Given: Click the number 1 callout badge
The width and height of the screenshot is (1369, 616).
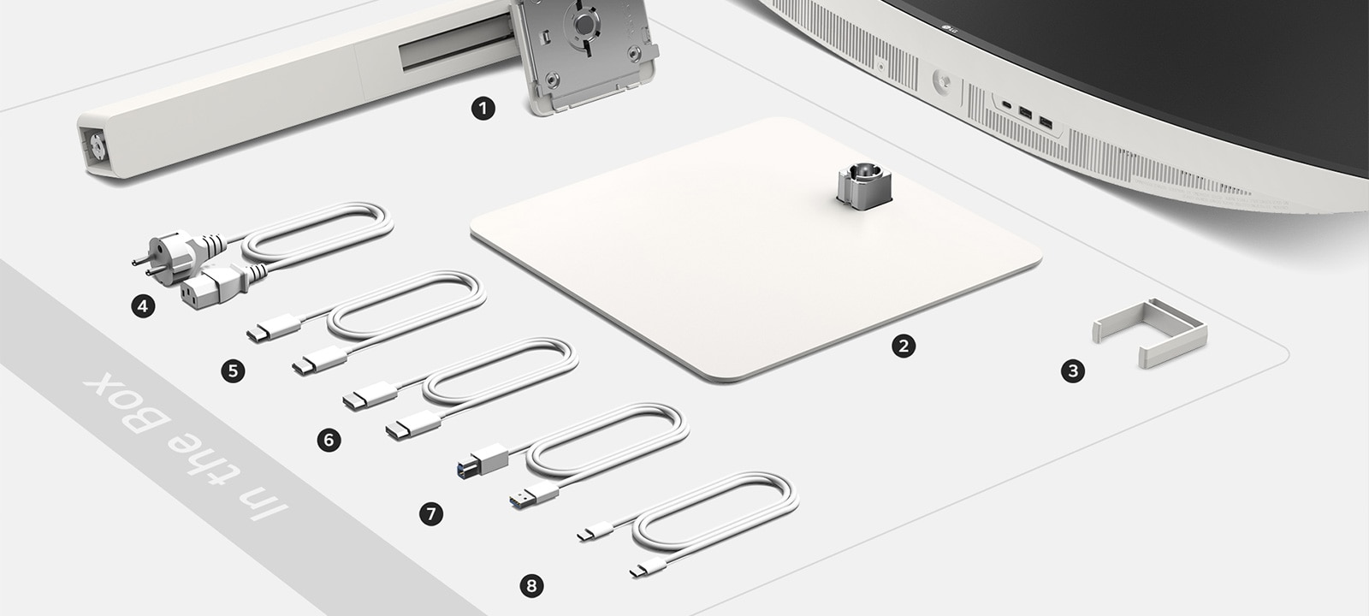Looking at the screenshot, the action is tap(483, 109).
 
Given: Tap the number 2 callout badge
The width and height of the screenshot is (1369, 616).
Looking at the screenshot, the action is tap(904, 346).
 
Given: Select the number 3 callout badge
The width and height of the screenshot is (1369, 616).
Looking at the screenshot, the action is tap(1073, 370).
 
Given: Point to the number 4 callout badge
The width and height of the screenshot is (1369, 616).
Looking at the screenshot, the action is tap(143, 305).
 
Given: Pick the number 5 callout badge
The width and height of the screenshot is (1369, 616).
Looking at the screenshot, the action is tap(233, 370).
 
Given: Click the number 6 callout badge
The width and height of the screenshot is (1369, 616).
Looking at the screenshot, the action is tap(329, 440).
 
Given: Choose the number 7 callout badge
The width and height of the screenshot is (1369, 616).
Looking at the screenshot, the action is tap(431, 513).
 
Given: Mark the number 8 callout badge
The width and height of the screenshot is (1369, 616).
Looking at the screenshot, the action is tap(531, 586).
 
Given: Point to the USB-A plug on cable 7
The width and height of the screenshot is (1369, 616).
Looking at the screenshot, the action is tap(534, 495).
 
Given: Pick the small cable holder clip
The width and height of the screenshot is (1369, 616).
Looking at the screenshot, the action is tap(1149, 333).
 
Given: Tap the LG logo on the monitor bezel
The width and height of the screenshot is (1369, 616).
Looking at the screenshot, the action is tap(948, 28).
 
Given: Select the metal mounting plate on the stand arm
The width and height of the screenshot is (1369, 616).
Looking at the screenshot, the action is tap(584, 55).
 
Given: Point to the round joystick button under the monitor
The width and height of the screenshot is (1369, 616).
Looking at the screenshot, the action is tap(942, 81).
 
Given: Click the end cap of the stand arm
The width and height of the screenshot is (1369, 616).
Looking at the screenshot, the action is tap(97, 146).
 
